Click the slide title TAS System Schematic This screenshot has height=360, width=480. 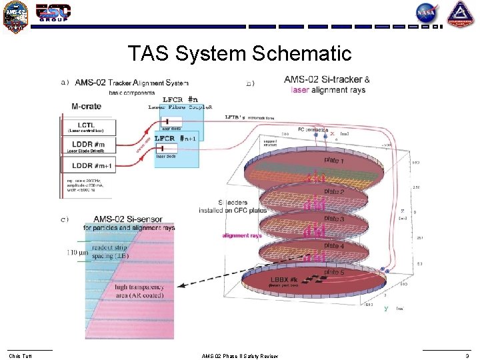239,53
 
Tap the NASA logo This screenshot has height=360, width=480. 426,13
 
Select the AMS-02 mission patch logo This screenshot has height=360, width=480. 15,16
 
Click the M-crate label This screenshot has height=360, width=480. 87,106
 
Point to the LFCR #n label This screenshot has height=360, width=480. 181,100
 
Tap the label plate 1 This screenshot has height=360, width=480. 334,161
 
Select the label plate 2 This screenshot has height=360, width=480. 334,192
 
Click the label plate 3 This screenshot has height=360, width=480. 334,219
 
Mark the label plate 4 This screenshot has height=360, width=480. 334,246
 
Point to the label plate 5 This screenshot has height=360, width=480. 334,272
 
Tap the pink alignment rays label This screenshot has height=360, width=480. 242,235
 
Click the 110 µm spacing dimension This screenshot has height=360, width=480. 77,253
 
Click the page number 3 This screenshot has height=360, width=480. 466,355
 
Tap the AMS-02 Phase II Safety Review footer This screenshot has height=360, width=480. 239,355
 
